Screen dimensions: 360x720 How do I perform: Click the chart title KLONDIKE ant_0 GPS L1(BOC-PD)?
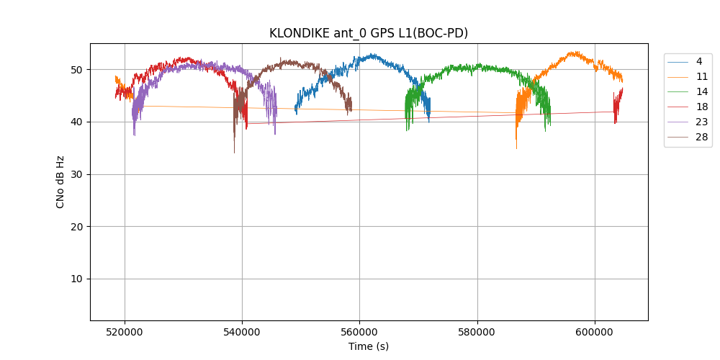[369, 33]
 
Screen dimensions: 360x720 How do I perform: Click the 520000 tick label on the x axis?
[125, 331]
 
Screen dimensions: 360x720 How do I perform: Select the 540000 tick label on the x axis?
[243, 331]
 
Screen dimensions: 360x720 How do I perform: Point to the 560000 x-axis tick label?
[360, 331]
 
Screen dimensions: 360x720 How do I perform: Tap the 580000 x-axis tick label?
[477, 331]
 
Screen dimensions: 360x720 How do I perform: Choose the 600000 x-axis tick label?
[595, 331]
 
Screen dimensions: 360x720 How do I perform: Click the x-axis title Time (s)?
[369, 346]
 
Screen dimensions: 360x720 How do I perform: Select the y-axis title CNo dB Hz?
[60, 181]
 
